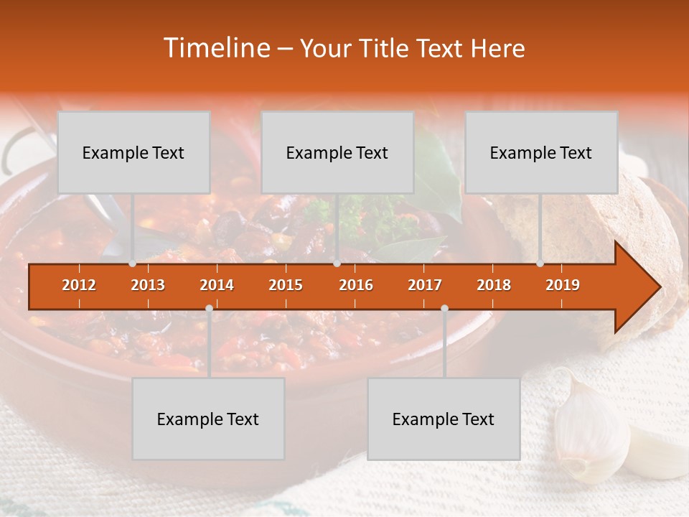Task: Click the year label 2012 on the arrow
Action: point(79,285)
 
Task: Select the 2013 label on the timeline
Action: point(148,285)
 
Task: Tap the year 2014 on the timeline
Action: point(217,285)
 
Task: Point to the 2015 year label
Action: point(286,285)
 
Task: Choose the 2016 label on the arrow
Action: point(356,285)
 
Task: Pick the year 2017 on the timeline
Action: point(425,285)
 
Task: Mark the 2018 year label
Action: point(494,285)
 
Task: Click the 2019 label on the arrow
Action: point(563,285)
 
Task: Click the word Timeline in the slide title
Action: point(216,48)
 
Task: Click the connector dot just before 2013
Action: point(132,264)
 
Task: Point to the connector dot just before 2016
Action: point(337,264)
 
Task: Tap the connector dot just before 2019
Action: point(540,264)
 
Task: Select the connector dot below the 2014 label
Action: point(209,309)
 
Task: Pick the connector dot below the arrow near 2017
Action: point(444,309)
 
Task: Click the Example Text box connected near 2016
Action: point(337,152)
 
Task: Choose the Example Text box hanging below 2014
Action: point(208,419)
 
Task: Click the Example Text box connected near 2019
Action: point(540,152)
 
